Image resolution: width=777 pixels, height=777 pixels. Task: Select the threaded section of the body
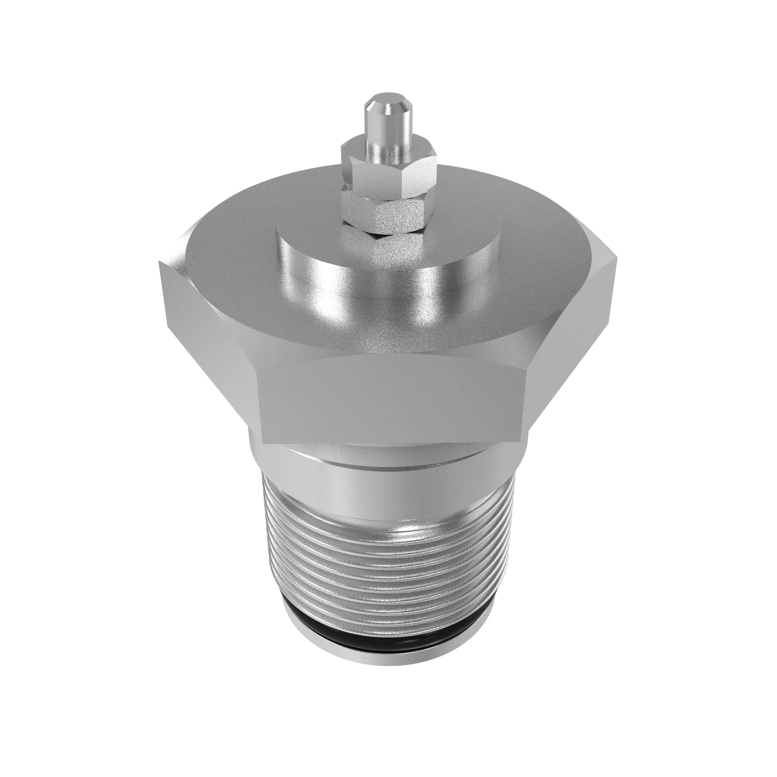(386, 563)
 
